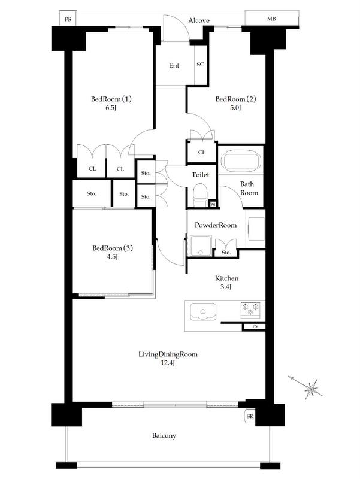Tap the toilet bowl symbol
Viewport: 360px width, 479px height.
tap(200, 195)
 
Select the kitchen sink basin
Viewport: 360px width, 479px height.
tap(203, 311)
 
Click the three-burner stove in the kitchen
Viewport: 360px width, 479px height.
tap(250, 308)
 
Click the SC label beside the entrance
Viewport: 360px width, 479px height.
tap(200, 65)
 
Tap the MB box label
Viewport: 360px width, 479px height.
tap(271, 19)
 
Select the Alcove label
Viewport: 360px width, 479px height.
tap(199, 20)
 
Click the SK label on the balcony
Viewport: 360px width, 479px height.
tap(250, 416)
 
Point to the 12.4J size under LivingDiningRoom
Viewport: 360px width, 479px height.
tap(168, 363)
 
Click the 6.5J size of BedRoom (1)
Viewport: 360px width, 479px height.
tap(111, 108)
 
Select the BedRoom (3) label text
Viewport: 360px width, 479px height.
tap(113, 248)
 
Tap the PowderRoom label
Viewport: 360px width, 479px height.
tap(216, 225)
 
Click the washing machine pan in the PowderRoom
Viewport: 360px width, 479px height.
tap(201, 245)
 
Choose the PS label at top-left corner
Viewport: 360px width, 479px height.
tap(68, 19)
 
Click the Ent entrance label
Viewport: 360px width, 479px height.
tap(174, 66)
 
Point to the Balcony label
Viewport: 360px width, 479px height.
tap(164, 436)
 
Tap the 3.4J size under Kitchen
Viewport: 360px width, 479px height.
tap(226, 287)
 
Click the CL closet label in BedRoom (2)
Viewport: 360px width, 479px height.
tap(202, 153)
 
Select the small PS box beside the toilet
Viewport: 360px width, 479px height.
tap(213, 204)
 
